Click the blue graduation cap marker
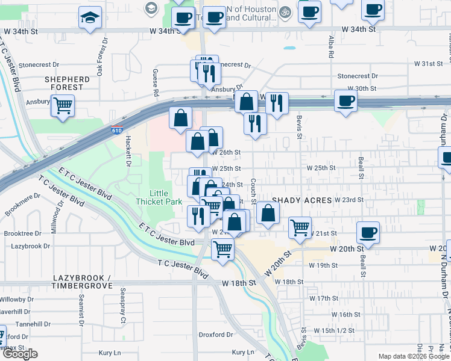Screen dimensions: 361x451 click(x=90, y=17)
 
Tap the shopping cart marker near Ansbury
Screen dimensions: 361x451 click(x=62, y=106)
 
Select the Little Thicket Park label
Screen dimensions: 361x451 click(x=159, y=197)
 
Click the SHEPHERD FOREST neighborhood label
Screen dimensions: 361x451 click(x=67, y=83)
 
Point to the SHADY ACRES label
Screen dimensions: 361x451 click(x=301, y=200)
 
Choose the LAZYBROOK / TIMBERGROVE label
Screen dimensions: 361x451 click(x=81, y=281)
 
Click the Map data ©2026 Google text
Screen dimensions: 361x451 click(x=414, y=357)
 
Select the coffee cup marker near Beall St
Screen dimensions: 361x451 click(x=367, y=233)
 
